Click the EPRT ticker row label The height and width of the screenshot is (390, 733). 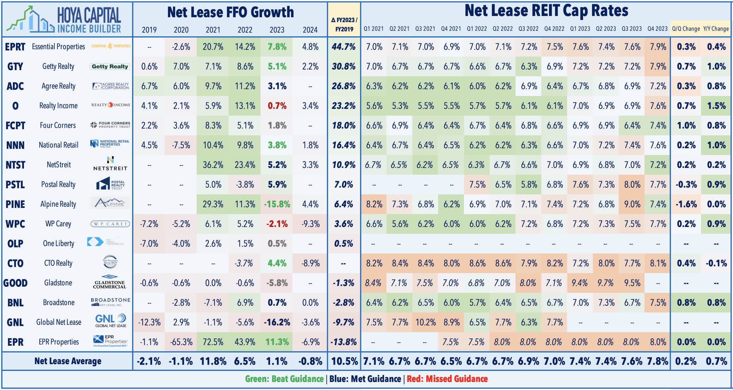point(15,47)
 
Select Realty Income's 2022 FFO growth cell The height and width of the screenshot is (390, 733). point(245,106)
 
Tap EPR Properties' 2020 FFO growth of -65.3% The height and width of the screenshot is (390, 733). point(181,342)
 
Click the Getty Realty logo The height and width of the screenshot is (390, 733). point(110,66)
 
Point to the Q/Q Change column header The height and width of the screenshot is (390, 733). point(686,29)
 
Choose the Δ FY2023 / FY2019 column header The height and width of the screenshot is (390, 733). point(344,25)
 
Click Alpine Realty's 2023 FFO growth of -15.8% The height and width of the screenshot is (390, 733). point(277,204)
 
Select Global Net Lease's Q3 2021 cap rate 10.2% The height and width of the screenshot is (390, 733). point(425,322)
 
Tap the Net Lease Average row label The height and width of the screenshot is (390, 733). point(68,361)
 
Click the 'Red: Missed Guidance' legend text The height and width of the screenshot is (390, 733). point(447,379)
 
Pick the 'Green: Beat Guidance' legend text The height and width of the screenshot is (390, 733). point(284,379)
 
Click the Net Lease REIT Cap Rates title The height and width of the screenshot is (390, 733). point(546,11)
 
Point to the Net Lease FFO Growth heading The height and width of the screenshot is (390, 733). point(230,12)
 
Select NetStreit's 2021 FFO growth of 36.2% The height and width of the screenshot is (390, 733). point(213,165)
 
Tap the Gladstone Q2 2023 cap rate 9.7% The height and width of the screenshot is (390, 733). point(606,283)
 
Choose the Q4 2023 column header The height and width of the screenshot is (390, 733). point(657,29)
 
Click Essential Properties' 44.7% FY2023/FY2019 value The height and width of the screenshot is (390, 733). point(343,47)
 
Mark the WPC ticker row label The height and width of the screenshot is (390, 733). point(15,224)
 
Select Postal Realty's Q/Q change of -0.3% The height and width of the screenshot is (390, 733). point(686,185)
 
